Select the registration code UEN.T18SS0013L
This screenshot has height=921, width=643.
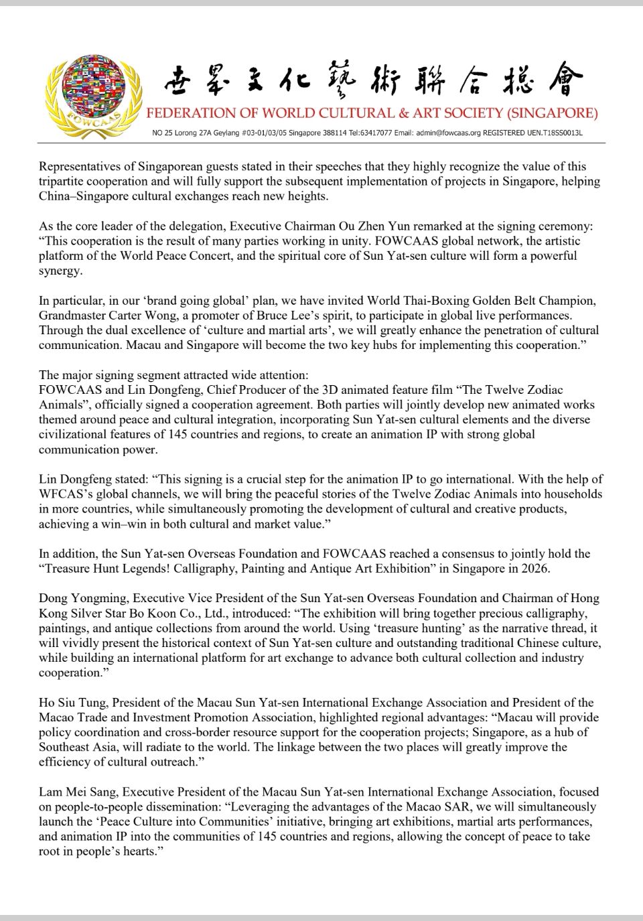555,133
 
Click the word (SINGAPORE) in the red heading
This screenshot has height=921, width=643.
553,113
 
